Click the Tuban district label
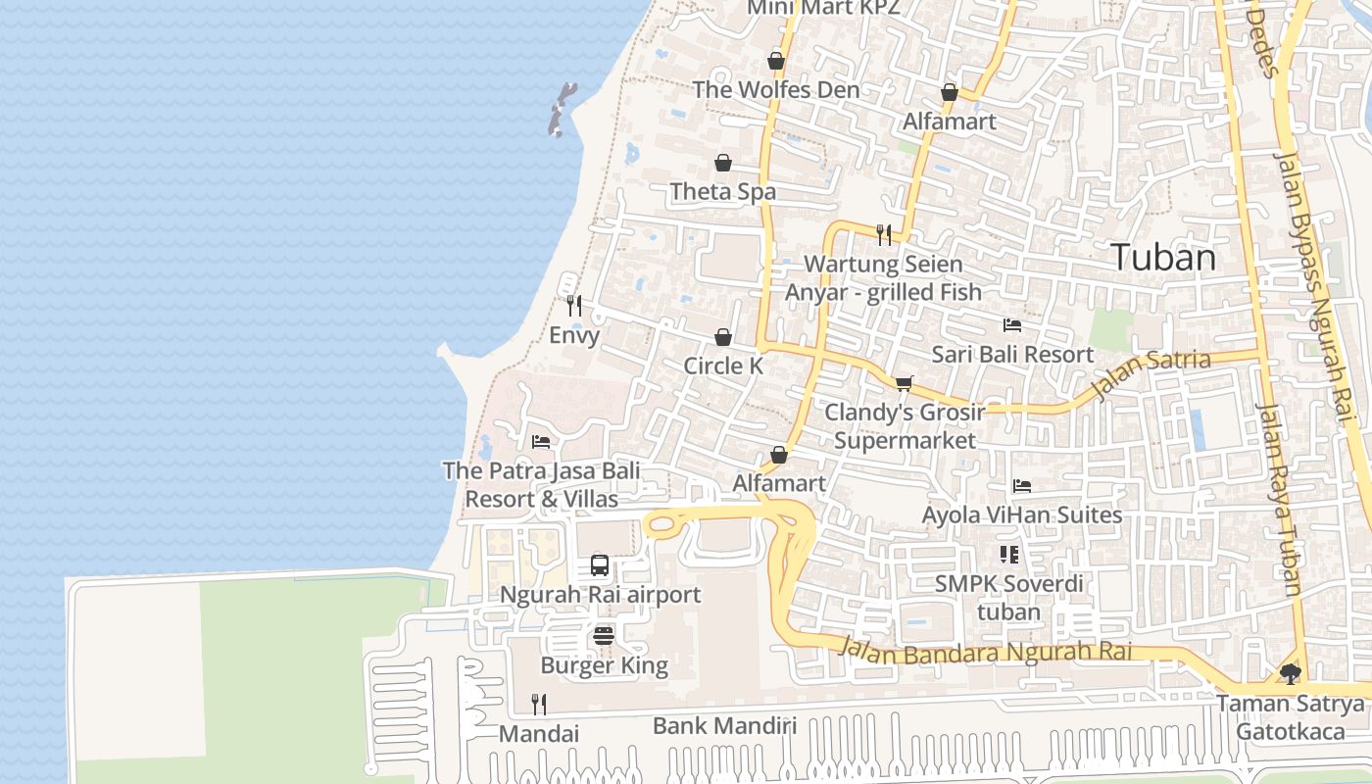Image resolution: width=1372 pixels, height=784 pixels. [1164, 258]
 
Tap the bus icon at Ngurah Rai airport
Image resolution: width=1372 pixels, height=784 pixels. [600, 565]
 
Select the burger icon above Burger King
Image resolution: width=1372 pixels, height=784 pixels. [604, 636]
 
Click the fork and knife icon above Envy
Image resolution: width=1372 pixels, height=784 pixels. [574, 306]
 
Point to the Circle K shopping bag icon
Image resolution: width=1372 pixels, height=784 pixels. [723, 337]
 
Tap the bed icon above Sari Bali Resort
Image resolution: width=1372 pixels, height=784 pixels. [1012, 325]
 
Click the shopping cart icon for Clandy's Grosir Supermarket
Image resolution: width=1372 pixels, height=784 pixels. [904, 383]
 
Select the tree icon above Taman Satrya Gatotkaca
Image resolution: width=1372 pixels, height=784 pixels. [1291, 674]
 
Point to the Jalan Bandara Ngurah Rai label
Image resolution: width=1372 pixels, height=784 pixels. [986, 652]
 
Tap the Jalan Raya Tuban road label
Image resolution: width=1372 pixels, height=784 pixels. [1280, 500]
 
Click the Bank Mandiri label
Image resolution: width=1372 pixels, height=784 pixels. [724, 726]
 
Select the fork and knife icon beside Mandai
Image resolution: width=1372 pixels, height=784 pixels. [538, 704]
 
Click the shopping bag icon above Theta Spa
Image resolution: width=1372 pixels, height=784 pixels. [723, 163]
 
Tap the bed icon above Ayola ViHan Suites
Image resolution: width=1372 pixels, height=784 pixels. [1022, 486]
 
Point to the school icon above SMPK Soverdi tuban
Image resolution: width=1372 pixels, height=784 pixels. [1009, 556]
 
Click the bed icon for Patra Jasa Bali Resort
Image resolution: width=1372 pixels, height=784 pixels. [541, 442]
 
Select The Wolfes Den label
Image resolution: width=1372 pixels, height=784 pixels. [775, 89]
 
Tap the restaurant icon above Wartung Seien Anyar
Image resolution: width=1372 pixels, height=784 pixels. [884, 234]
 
